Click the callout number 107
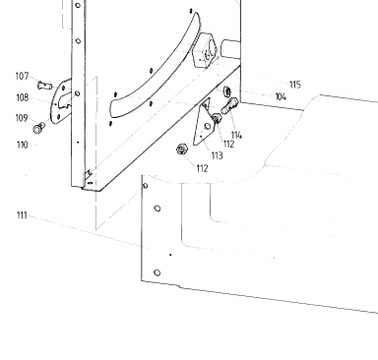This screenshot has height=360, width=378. click(22, 77)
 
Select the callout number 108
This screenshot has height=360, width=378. click(23, 97)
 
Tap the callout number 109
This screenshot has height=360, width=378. click(22, 118)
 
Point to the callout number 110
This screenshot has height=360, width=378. click(23, 145)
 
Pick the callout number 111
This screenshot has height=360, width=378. click(22, 215)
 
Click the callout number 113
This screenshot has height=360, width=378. click(218, 155)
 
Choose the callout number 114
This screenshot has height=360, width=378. click(236, 135)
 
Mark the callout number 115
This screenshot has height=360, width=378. click(295, 85)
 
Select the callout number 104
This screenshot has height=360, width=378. click(281, 97)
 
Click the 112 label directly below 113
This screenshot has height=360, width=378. click(203, 168)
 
